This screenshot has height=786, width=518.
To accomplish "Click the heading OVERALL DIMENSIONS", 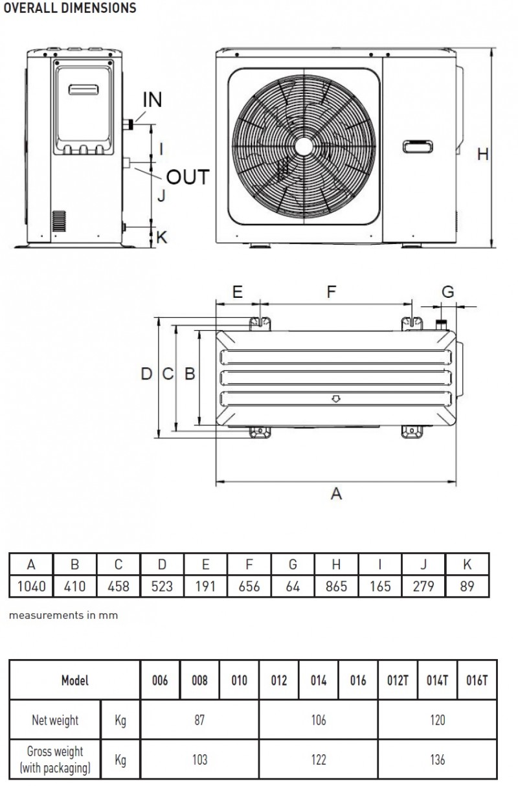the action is pyautogui.click(x=70, y=8).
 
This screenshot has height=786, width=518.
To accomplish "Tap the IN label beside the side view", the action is pyautogui.click(x=152, y=100).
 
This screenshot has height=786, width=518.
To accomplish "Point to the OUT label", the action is pyautogui.click(x=188, y=177).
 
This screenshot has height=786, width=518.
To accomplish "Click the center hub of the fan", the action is pyautogui.click(x=304, y=147).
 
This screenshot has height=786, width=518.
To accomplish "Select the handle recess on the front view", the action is pyautogui.click(x=418, y=147).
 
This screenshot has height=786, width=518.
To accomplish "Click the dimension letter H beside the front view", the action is pyautogui.click(x=483, y=154).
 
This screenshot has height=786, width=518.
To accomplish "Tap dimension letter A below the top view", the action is pyautogui.click(x=336, y=494).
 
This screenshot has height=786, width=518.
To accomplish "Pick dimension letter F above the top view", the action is pyautogui.click(x=332, y=291).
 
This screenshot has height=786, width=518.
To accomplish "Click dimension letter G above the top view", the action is pyautogui.click(x=448, y=291).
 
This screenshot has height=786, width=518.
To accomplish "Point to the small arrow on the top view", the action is pyautogui.click(x=336, y=399).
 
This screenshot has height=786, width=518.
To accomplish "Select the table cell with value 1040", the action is pyautogui.click(x=31, y=587).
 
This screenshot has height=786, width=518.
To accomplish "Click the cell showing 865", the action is pyautogui.click(x=336, y=587).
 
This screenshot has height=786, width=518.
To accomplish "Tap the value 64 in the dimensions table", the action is pyautogui.click(x=293, y=587).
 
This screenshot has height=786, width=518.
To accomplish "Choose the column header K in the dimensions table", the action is pyautogui.click(x=467, y=564).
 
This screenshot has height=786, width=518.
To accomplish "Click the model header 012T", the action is pyautogui.click(x=398, y=680).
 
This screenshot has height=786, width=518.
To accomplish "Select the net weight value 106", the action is pyautogui.click(x=319, y=720).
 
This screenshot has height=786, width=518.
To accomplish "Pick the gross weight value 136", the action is pyautogui.click(x=438, y=759).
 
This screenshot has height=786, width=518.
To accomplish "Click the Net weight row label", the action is pyautogui.click(x=55, y=721).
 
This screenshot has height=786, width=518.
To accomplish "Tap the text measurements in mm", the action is pyautogui.click(x=63, y=615).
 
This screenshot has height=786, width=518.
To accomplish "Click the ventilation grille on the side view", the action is pyautogui.click(x=59, y=221).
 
